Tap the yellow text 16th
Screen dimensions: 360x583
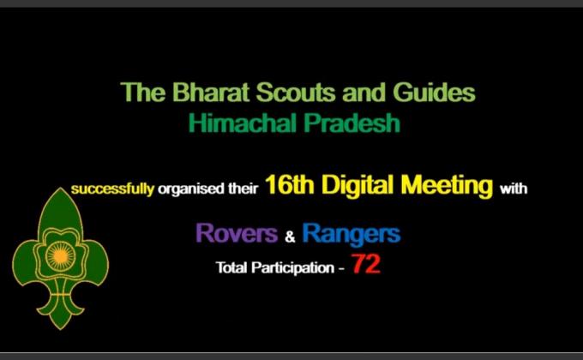coord(290,186)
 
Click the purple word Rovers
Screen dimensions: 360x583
coord(236,233)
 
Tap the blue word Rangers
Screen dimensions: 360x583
coord(352,233)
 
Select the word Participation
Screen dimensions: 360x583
coord(292,268)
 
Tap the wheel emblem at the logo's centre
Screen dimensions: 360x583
coord(59,255)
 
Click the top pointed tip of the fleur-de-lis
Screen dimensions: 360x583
coord(59,190)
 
